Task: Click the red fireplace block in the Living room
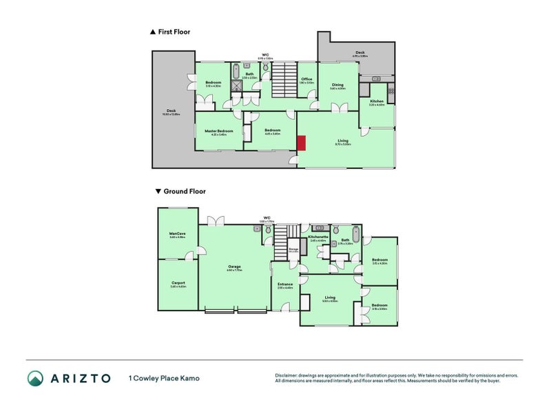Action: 301,143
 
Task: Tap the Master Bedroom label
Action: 219,130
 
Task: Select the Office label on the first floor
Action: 306,79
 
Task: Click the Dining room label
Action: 337,85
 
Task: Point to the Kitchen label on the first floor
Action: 377,101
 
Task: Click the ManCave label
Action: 178,233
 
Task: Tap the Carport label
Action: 178,283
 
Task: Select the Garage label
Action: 233,266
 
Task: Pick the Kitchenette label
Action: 318,237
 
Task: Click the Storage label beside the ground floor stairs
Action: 293,249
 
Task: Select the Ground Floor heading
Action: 183,192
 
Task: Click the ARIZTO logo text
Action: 79,378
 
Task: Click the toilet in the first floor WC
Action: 264,68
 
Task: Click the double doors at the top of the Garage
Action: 216,221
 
